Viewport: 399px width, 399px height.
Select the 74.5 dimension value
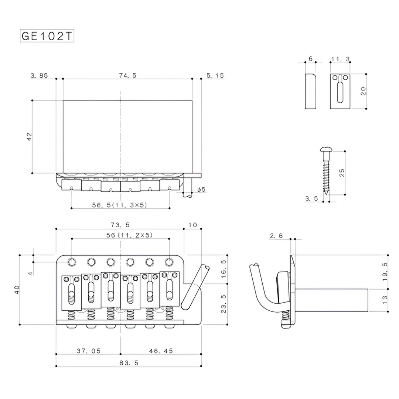coord(128,75)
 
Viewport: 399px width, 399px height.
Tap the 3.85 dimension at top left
coord(39,75)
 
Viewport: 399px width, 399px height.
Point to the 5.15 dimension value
coord(215,75)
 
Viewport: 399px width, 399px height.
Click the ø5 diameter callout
coord(201,189)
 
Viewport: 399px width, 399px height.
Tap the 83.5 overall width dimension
coord(129,363)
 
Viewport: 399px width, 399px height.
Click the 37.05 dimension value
coord(89,351)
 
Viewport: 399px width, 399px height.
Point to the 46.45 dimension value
coord(160,351)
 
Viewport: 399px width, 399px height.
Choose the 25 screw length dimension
coord(342,173)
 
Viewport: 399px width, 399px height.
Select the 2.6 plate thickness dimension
coord(277,235)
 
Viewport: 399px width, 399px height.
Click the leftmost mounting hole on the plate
coord(72,262)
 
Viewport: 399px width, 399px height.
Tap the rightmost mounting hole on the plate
coord(169,262)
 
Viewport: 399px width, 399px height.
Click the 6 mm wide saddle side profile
coord(310,91)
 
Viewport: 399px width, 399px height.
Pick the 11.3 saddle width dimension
coord(340,59)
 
